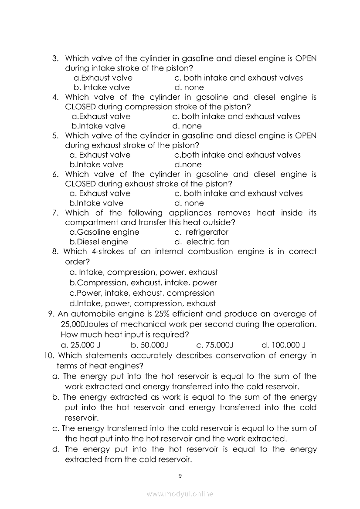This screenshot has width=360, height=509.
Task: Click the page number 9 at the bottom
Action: pos(180,475)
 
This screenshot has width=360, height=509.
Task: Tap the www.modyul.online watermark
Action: pos(180,494)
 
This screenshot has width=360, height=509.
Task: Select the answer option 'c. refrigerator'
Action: pos(201,232)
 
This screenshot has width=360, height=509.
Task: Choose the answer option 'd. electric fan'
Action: pos(202,242)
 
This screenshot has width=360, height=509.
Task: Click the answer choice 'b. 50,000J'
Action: pos(149,345)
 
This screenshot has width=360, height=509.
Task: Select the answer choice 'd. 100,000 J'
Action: pos(283,345)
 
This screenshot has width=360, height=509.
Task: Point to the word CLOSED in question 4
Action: pos(80,107)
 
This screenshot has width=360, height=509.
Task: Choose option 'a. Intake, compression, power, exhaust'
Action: pos(144,272)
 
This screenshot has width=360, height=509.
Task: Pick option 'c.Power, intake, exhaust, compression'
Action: pos(142,293)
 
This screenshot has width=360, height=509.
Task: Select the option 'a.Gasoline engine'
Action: pos(105,232)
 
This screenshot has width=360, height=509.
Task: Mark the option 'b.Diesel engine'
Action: pos(99,242)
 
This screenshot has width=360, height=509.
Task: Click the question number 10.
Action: pos(49,356)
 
